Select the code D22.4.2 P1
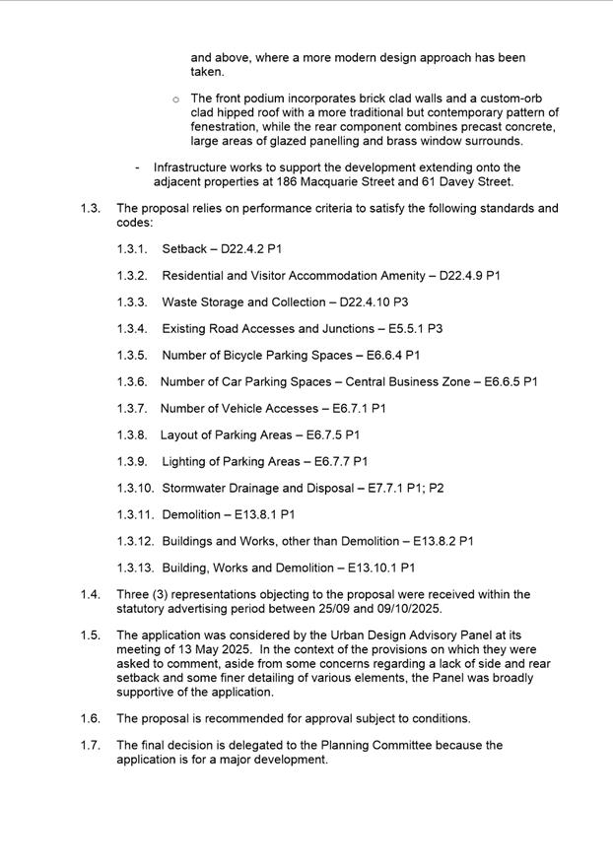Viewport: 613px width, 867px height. [x=252, y=249]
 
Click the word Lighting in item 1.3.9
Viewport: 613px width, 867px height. [x=186, y=462]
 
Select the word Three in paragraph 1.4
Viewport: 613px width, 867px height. [x=133, y=594]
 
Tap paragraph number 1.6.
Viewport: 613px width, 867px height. [x=91, y=719]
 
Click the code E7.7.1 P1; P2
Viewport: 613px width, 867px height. [x=405, y=489]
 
